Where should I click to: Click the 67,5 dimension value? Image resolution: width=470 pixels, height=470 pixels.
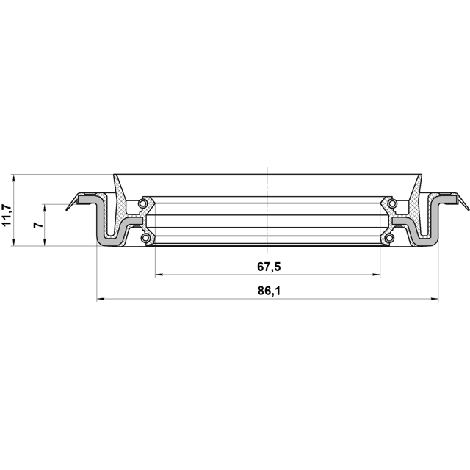(x=269, y=267)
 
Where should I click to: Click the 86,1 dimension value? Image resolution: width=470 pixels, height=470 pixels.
(x=269, y=291)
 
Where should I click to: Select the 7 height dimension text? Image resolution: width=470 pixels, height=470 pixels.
(x=38, y=225)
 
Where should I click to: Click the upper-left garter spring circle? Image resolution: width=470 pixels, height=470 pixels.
(x=142, y=204)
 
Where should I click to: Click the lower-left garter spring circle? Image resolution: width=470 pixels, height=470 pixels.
(x=145, y=238)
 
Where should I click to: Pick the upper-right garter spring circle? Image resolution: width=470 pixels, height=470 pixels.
(x=392, y=204)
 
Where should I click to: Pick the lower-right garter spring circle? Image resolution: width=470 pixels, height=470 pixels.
(x=389, y=238)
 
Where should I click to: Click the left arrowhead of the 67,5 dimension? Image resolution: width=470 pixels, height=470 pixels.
(x=159, y=275)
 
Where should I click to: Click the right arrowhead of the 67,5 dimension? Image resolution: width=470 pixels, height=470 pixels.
(x=376, y=275)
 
